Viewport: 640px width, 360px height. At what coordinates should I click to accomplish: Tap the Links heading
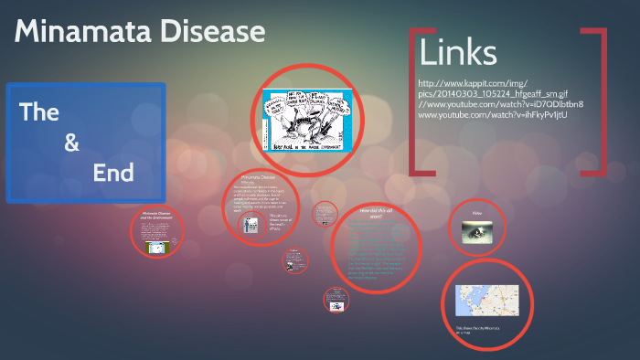click(458, 52)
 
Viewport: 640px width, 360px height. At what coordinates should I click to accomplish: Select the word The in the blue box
click(39, 112)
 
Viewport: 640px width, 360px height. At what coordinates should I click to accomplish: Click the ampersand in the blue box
click(72, 143)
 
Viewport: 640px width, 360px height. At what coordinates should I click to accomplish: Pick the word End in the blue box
click(113, 172)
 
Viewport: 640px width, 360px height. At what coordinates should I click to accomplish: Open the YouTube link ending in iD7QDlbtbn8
click(507, 104)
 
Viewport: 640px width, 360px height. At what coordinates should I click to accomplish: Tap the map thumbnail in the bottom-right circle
click(486, 300)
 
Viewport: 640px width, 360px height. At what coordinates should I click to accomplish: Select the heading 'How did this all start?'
click(375, 213)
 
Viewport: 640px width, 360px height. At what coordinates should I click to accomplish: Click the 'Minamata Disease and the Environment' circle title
click(157, 219)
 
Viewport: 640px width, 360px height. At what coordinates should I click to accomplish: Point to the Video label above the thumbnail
click(476, 213)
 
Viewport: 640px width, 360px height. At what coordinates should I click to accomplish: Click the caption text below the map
click(474, 331)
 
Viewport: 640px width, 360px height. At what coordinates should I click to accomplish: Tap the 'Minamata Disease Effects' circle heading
click(259, 178)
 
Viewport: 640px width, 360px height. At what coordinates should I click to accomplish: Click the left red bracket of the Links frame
click(416, 101)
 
